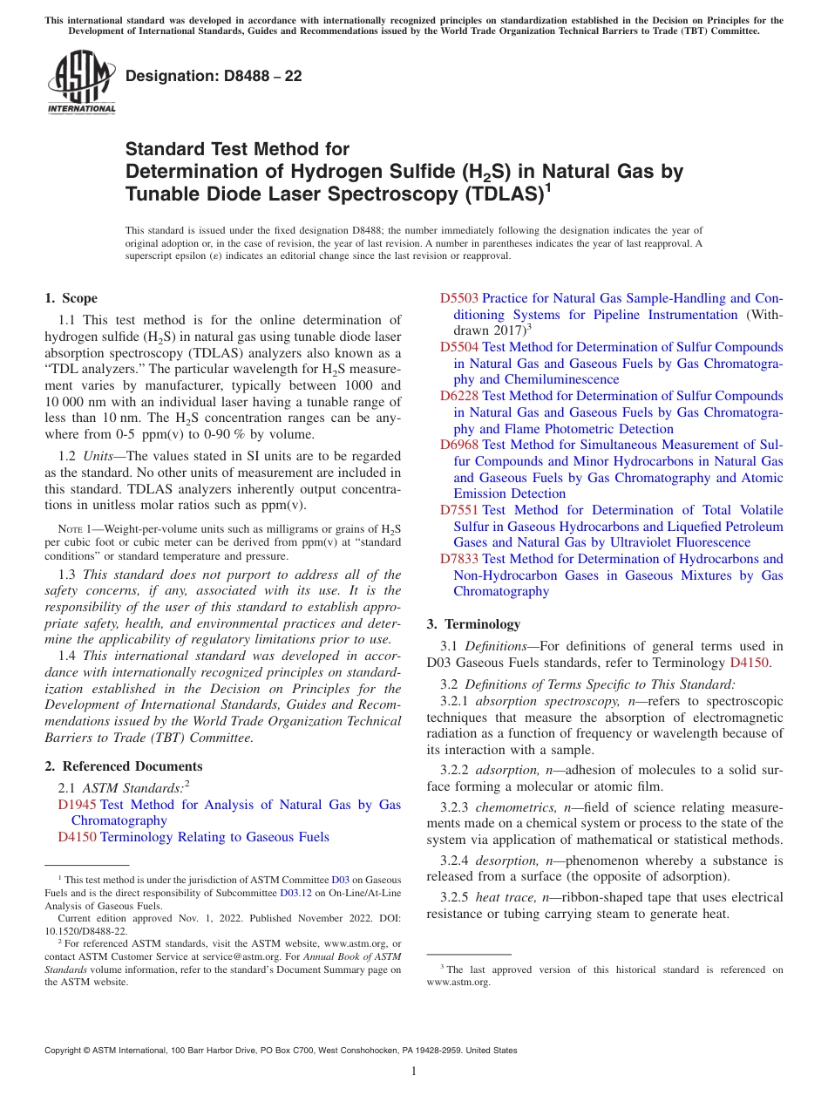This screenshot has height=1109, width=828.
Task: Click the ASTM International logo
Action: (x=81, y=83)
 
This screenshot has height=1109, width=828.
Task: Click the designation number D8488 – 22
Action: (x=214, y=76)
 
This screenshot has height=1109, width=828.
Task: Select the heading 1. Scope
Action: (x=71, y=298)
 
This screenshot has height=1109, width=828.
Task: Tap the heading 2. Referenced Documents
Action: (x=123, y=766)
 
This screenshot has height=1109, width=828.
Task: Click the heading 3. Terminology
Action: (x=473, y=624)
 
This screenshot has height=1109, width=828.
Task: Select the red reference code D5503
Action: (x=458, y=298)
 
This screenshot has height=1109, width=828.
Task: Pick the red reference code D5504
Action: (x=458, y=347)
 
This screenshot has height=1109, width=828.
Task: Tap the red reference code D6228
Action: (x=458, y=396)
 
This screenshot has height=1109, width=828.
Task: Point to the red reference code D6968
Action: (x=458, y=445)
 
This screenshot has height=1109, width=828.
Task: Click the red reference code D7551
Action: (x=458, y=510)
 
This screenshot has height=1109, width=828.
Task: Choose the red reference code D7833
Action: (x=458, y=559)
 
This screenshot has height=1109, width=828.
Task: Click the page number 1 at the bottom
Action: (x=414, y=1072)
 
